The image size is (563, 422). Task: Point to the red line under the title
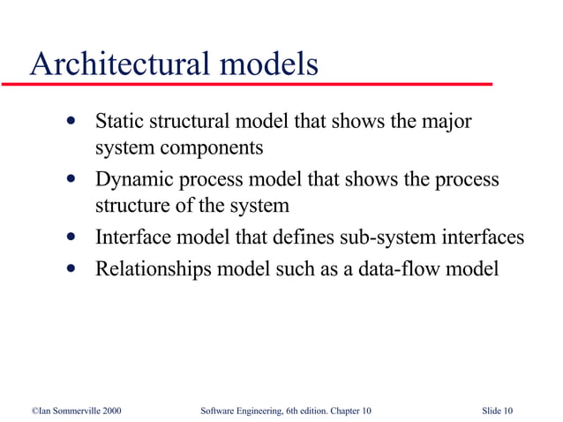[247, 83]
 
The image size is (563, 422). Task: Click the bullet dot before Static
[70, 121]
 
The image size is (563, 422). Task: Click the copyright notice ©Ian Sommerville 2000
[76, 411]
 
